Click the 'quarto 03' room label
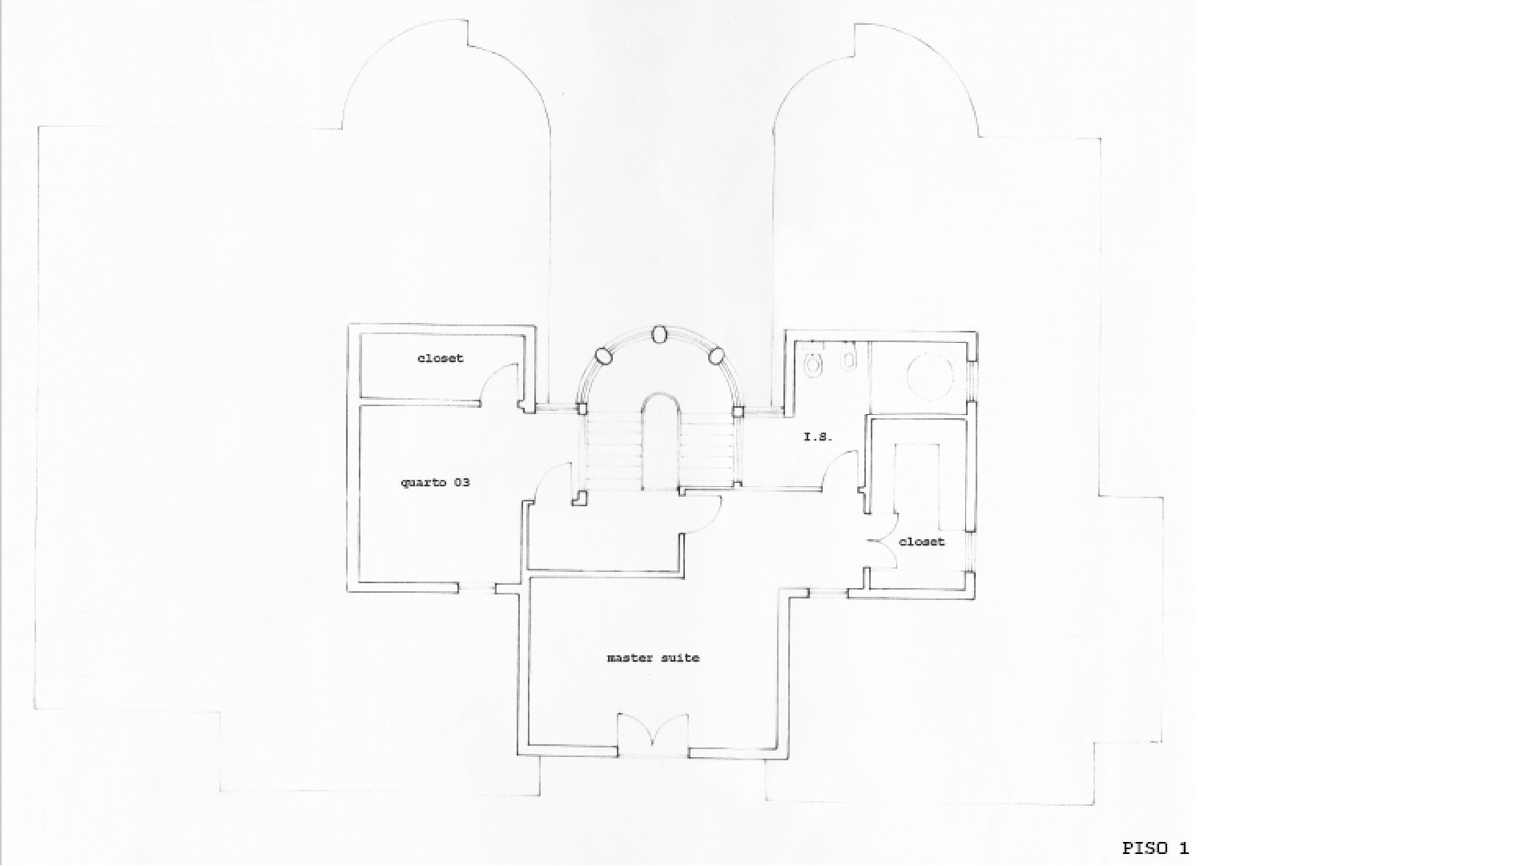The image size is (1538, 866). [x=435, y=482]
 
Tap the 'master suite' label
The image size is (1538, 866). [x=654, y=658]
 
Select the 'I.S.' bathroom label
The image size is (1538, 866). [x=819, y=437]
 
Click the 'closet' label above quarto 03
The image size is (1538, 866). [x=441, y=358]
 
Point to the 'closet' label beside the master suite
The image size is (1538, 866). [x=922, y=542]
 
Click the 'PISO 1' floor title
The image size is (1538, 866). [x=1156, y=848]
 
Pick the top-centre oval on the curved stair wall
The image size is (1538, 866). [x=660, y=335]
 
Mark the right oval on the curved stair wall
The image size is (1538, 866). [x=716, y=355]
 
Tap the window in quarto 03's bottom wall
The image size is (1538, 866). [x=477, y=589]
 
